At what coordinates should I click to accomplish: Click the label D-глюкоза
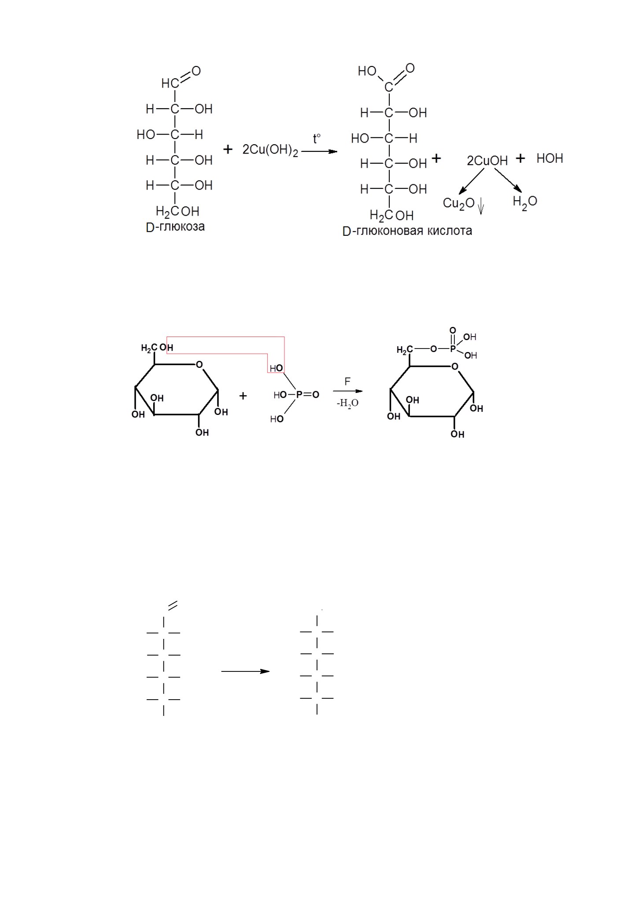coord(175,227)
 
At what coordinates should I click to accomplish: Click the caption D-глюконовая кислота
coord(407,231)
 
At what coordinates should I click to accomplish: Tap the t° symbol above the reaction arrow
coord(317,139)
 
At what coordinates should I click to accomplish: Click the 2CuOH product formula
coord(487,161)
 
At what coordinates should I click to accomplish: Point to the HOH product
coord(549,158)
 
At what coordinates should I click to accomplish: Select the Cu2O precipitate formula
coord(459,204)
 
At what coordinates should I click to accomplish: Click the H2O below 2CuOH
coord(525,202)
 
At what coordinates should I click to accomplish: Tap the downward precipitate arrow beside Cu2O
coord(481,206)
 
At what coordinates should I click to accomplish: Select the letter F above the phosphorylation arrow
coord(347,381)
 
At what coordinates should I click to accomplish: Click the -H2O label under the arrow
coord(347,403)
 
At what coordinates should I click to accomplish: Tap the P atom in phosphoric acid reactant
coord(299,395)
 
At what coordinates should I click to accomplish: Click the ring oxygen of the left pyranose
coord(199,364)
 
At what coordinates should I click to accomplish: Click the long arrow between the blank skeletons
coord(245,671)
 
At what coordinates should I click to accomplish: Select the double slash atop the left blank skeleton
coord(172,605)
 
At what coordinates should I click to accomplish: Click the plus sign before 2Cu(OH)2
coord(228,150)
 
